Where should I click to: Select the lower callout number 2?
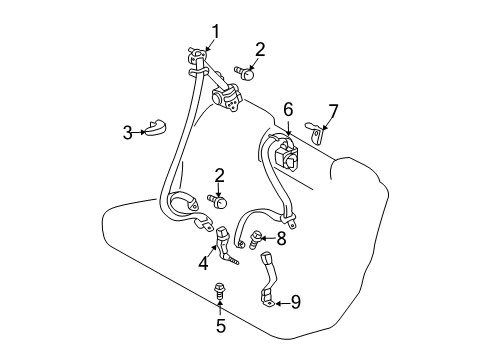click(219, 176)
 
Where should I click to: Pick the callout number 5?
click(219, 325)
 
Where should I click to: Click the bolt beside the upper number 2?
click(248, 72)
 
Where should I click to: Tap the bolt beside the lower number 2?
click(218, 201)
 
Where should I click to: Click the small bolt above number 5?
click(219, 293)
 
